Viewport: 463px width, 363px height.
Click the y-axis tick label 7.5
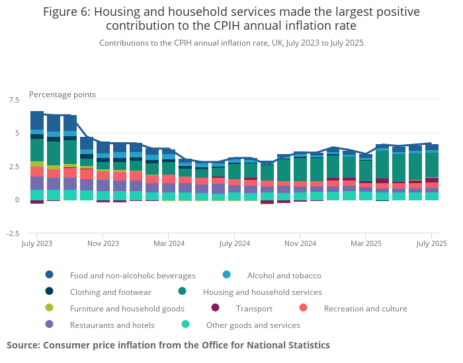click(14, 100)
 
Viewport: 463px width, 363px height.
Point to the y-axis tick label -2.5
click(13, 233)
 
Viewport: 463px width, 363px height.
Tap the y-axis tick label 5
click(17, 133)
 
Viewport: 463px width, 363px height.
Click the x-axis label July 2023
click(36, 243)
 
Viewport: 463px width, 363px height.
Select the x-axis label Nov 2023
click(103, 243)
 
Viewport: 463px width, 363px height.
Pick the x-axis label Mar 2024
click(168, 243)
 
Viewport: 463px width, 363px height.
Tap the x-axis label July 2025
click(431, 243)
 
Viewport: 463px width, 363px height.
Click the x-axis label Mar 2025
click(366, 243)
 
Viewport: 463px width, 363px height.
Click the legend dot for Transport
click(215, 308)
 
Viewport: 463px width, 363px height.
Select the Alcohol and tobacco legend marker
click(227, 275)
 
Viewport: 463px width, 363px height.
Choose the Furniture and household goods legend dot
click(50, 308)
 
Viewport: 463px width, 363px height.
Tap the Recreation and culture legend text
click(365, 308)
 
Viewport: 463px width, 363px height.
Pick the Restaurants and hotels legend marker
click(50, 325)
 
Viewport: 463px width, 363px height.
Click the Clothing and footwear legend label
click(110, 292)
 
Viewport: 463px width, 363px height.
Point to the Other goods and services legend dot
click(186, 325)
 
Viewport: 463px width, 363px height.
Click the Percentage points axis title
click(62, 95)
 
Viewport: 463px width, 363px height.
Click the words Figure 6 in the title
click(67, 12)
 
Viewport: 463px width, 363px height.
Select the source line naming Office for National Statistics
click(168, 345)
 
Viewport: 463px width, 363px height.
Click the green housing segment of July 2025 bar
click(432, 165)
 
